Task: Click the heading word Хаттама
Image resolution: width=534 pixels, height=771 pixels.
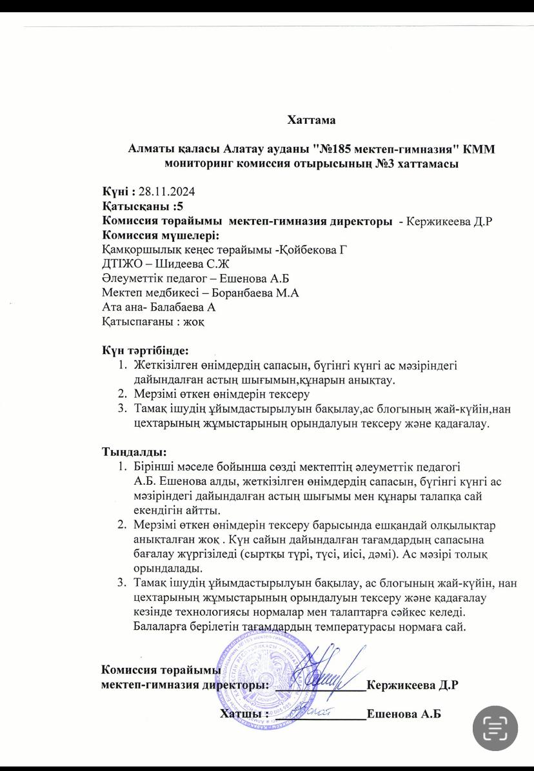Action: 311,119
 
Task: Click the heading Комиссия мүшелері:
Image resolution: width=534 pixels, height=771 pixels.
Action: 161,235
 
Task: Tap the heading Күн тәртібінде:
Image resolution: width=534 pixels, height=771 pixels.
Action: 145,351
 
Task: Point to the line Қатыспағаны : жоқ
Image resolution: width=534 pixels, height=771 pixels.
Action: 154,322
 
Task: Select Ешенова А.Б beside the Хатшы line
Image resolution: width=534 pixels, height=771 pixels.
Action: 404,714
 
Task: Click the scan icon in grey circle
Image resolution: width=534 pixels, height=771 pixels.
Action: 495,728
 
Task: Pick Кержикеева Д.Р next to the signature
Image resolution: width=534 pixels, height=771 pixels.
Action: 412,685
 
